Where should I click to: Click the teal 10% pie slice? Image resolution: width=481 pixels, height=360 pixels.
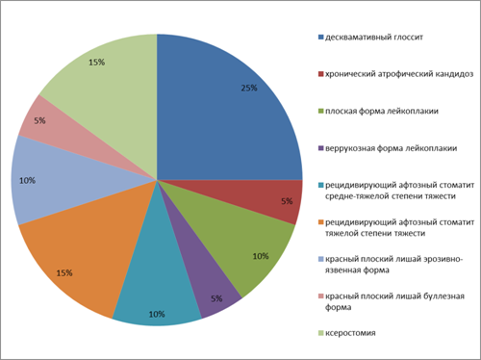[157, 282]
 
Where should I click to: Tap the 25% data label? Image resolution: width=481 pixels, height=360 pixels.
[249, 88]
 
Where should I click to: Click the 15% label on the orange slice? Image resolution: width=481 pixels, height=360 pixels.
[64, 273]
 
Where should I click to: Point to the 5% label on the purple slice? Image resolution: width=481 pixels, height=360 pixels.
[216, 298]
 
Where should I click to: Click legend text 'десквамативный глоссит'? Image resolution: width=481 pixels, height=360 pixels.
[374, 38]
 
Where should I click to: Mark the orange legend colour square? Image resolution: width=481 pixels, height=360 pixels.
[321, 222]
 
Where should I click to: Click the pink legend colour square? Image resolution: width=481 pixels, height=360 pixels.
[321, 296]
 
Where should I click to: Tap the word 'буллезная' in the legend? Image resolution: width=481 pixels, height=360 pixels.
[444, 296]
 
